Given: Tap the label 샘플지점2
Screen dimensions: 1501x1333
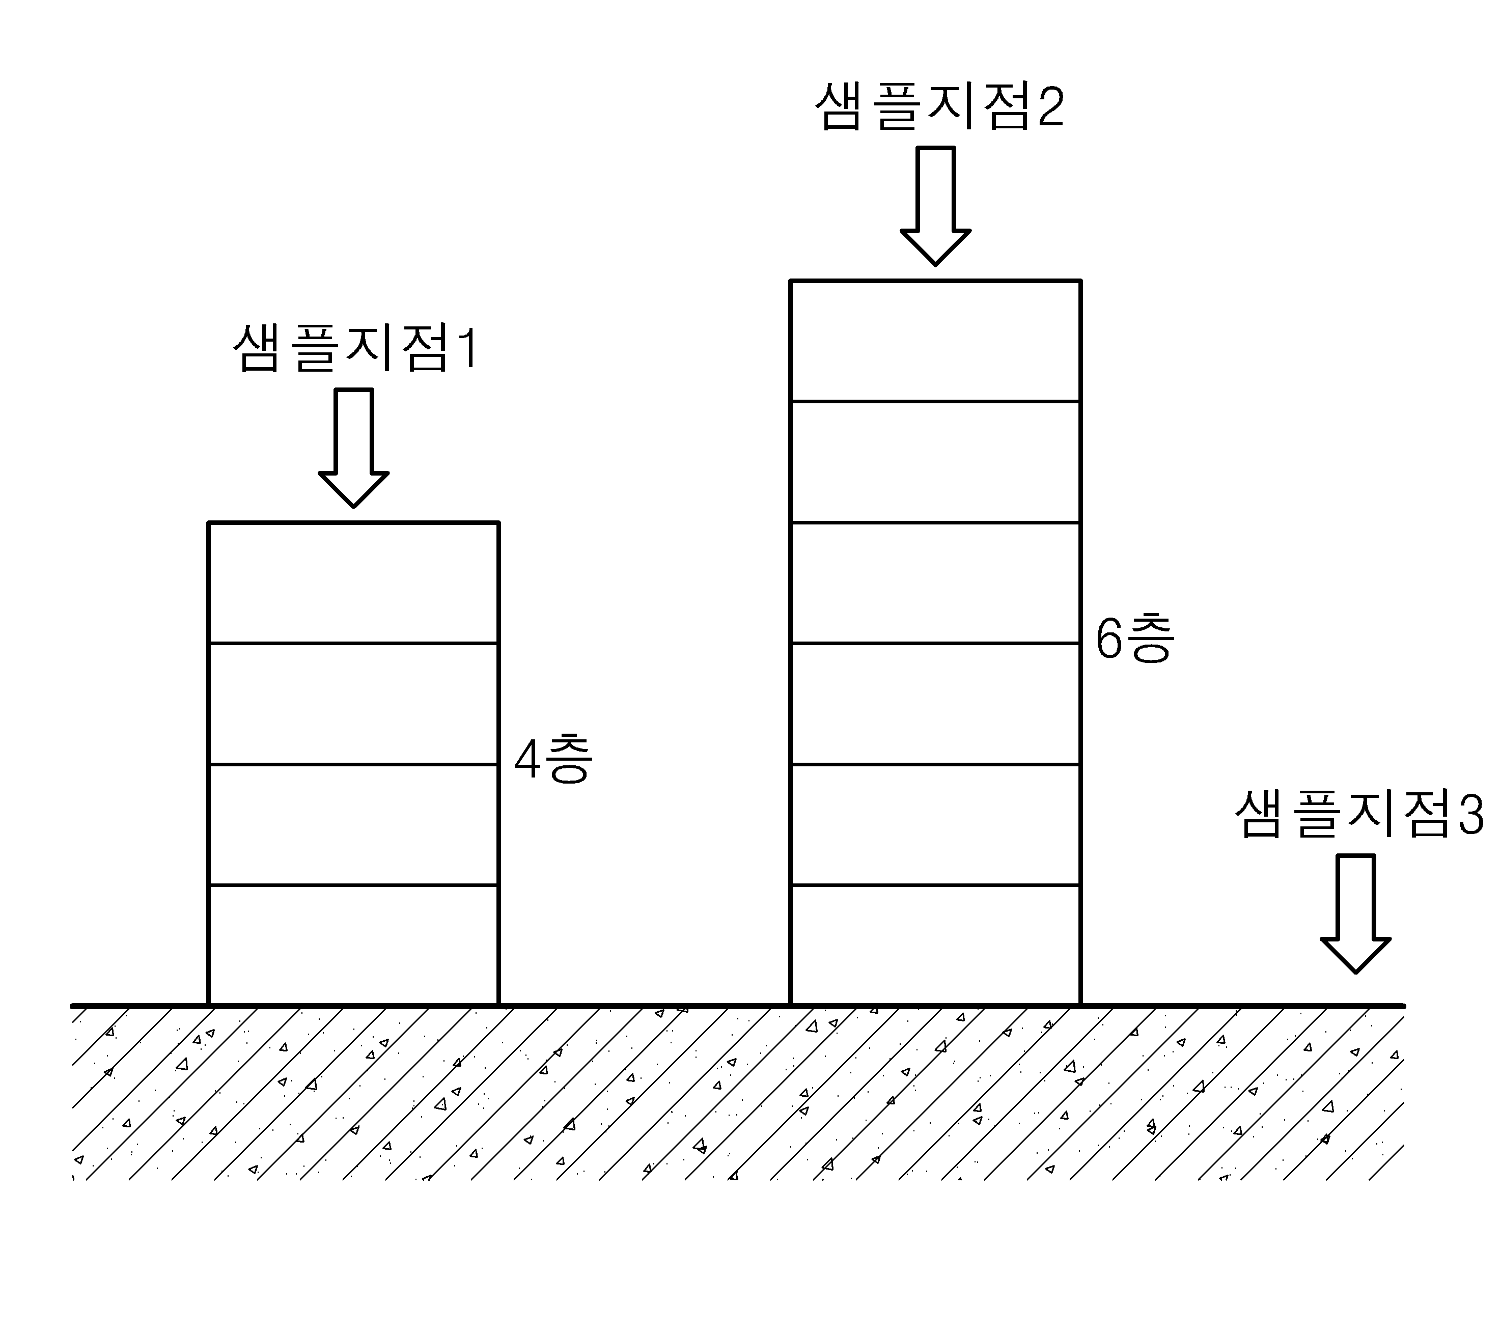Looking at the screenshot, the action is point(940,107).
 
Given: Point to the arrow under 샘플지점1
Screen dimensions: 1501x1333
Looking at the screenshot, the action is point(353,448).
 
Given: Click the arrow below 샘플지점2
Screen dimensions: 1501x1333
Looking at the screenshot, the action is point(935,206).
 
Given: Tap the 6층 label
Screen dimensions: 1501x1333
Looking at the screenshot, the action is point(1135,638).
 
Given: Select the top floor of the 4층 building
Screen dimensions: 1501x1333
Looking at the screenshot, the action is point(353,583).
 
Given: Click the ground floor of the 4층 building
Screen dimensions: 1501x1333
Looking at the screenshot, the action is point(353,945).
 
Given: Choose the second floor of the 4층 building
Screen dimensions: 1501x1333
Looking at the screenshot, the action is point(353,825).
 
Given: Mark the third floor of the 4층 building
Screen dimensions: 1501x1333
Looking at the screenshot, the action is point(353,704).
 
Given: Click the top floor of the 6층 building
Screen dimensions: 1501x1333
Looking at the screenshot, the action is point(935,341).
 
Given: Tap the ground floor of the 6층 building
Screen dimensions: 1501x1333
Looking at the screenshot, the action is point(935,945).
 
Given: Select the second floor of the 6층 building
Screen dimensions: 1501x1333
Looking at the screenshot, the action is point(935,825).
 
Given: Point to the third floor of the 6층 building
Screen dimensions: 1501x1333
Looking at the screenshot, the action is point(935,704).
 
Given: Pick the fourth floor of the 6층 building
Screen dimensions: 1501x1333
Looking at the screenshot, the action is point(935,583).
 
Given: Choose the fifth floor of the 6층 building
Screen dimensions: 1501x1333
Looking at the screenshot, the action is point(935,462).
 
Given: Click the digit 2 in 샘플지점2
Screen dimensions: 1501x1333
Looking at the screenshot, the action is point(1050,108).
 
